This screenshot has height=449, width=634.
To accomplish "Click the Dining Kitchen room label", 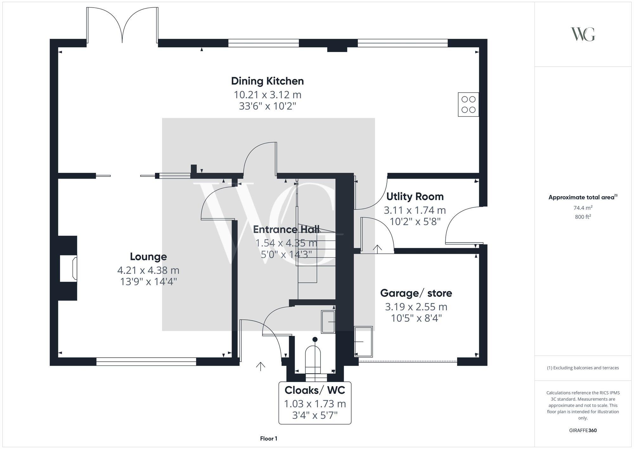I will (x=267, y=81).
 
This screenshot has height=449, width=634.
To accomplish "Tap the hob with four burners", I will (x=468, y=104).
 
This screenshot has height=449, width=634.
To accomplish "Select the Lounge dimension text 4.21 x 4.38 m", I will (x=148, y=270).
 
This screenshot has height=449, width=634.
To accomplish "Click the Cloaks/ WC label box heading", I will (x=314, y=390).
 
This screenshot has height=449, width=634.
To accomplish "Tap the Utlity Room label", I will (x=415, y=197).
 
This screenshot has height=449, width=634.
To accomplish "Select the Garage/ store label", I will (x=416, y=293).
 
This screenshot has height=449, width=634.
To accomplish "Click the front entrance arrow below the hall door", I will (x=261, y=366).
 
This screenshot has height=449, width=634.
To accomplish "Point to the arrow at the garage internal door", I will (x=377, y=249).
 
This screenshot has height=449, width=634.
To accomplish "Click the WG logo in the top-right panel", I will (x=583, y=34).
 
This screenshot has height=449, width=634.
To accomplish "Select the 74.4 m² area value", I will (x=583, y=208).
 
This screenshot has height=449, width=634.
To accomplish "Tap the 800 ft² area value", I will (x=583, y=217).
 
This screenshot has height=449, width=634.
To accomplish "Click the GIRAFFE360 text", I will (x=583, y=431).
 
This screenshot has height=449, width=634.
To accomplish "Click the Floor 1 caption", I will (x=268, y=439).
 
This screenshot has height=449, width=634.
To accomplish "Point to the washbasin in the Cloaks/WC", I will (x=328, y=322).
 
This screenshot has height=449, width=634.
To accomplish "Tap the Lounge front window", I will (x=146, y=361).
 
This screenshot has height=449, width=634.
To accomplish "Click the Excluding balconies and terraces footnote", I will (x=583, y=368).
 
